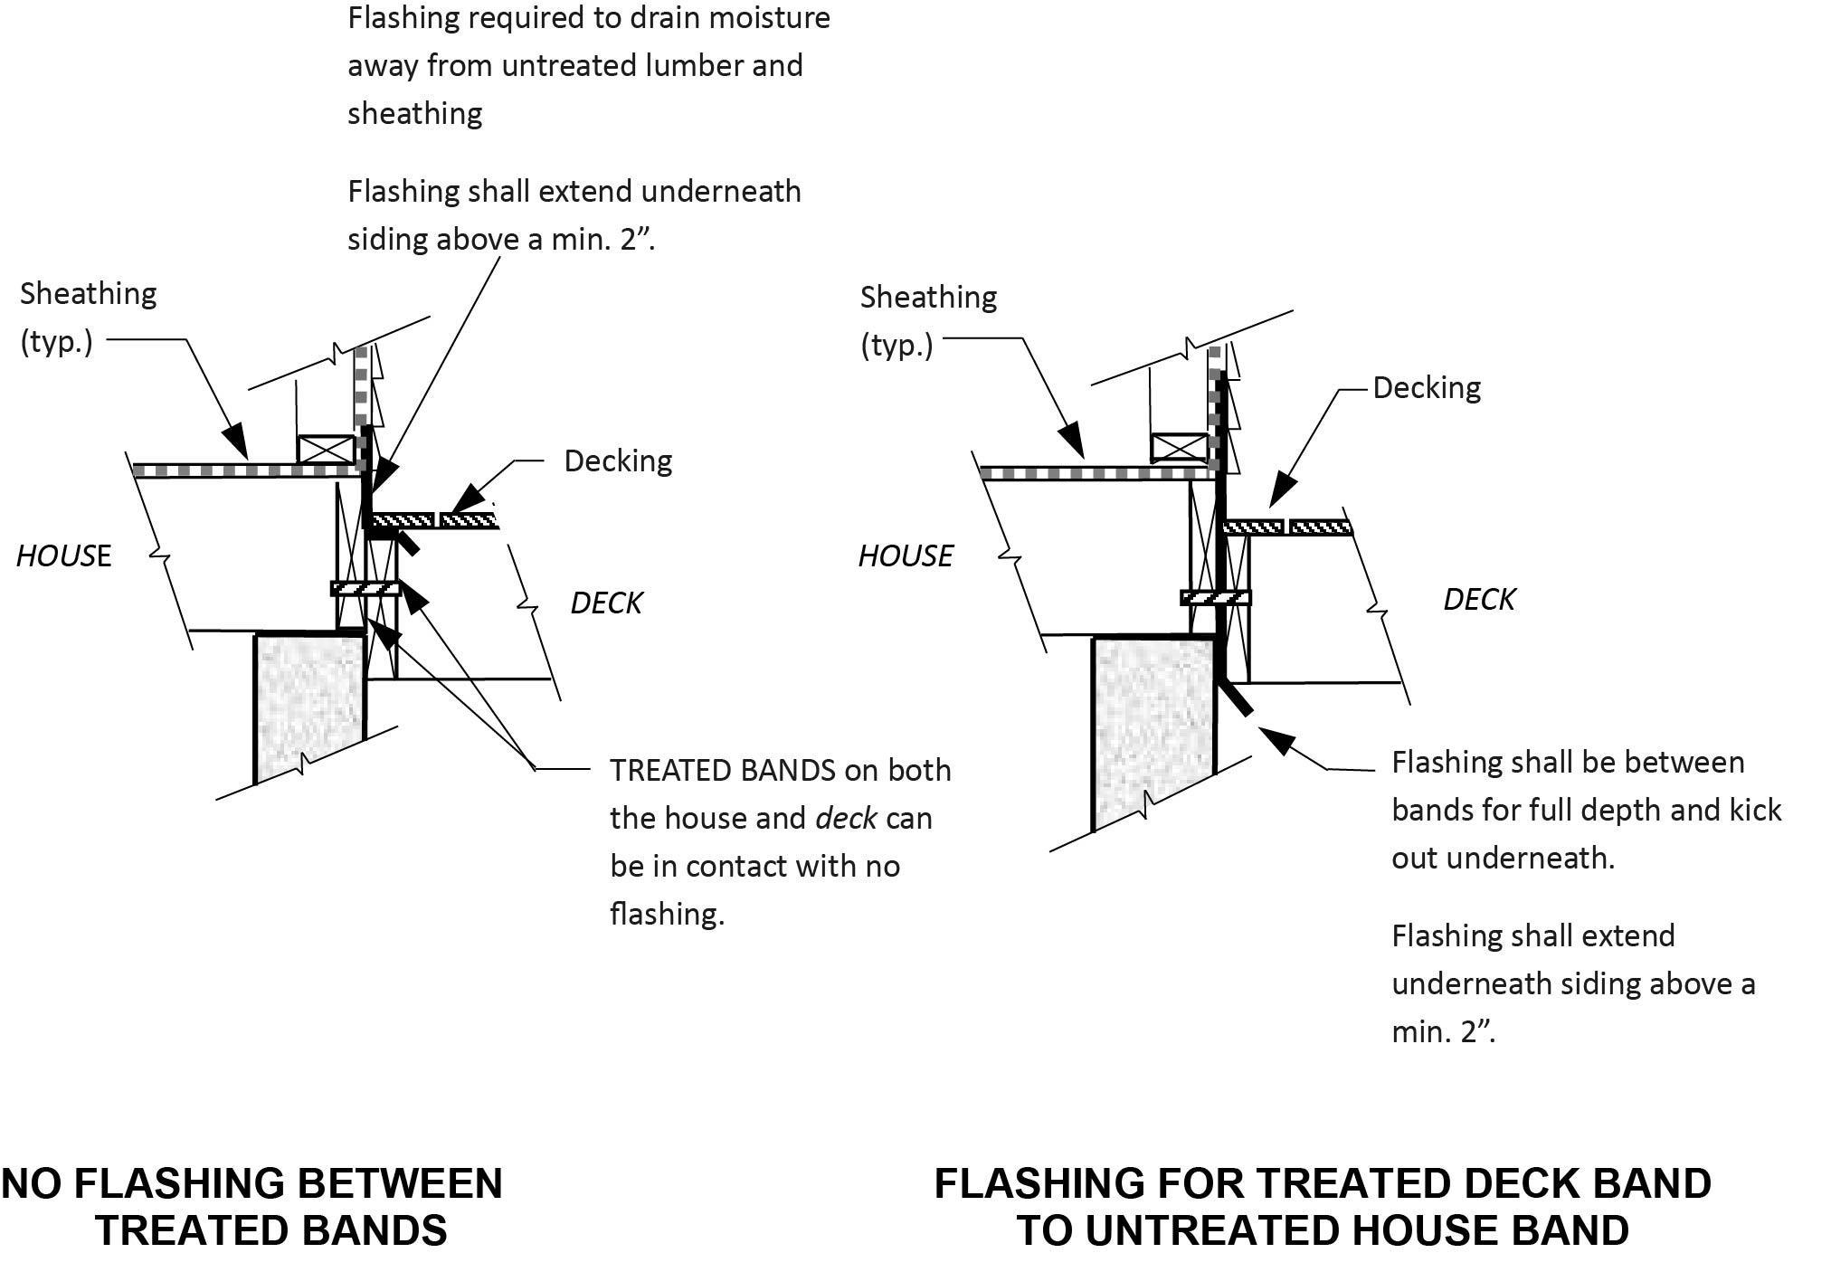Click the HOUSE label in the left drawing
click(63, 555)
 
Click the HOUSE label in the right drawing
click(905, 555)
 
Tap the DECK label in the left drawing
click(605, 603)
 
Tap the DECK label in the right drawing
click(1478, 599)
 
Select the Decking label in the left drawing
click(618, 461)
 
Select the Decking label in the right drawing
click(1426, 388)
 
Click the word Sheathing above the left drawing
click(88, 294)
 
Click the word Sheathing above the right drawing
click(927, 298)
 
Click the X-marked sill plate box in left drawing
click(326, 450)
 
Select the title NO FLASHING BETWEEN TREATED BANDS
click(253, 1207)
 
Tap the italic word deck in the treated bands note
click(845, 819)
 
